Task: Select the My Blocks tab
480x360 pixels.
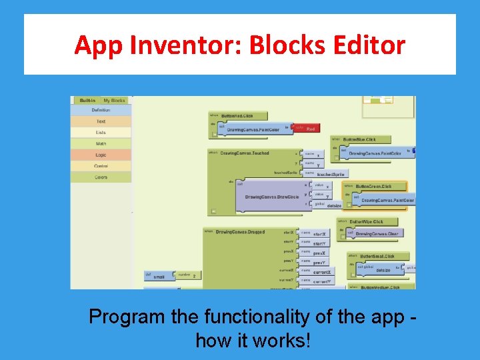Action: coord(114,101)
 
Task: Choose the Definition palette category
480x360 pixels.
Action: coord(101,110)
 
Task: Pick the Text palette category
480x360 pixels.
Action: coord(101,121)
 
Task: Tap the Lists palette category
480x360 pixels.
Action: coord(101,133)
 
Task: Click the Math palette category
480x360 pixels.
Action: coord(101,143)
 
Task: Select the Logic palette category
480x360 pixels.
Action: coord(101,155)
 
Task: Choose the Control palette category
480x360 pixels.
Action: coord(101,166)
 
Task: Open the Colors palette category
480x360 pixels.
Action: coord(101,177)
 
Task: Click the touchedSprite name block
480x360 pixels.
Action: coord(329,174)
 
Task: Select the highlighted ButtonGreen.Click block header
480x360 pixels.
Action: coord(373,186)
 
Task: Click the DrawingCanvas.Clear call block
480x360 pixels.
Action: coord(377,234)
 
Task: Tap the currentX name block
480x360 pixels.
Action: coord(323,272)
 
